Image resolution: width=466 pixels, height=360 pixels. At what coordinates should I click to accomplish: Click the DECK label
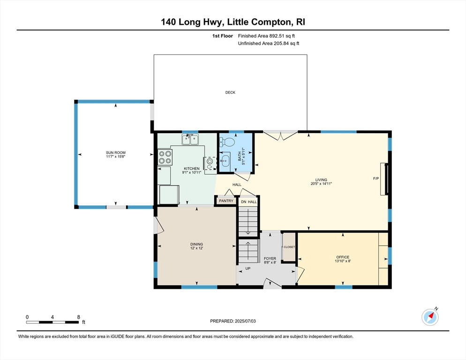click(230, 92)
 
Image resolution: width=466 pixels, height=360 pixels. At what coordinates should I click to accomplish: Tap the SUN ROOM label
click(116, 152)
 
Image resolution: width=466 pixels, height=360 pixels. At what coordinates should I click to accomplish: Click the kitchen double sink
click(190, 139)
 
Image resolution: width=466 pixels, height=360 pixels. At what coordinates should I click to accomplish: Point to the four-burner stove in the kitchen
click(165, 157)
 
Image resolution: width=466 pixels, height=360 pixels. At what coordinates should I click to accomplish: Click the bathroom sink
click(225, 161)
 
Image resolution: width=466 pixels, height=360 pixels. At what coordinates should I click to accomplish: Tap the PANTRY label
click(226, 201)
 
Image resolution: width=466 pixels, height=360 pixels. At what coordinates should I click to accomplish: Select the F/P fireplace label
click(376, 179)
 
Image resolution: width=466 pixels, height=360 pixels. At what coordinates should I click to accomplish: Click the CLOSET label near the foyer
click(289, 247)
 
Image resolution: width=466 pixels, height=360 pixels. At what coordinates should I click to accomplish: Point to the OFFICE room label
click(343, 257)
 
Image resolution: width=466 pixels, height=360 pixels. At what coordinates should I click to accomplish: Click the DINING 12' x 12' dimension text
click(197, 248)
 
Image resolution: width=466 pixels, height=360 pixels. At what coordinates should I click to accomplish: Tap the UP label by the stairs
click(248, 269)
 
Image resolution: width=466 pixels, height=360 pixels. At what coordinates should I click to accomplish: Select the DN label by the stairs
click(244, 202)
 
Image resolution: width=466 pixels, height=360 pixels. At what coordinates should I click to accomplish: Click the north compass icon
click(430, 317)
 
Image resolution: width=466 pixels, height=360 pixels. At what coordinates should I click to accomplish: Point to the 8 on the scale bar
click(78, 317)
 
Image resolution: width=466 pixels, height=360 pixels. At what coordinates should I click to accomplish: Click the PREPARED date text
click(233, 321)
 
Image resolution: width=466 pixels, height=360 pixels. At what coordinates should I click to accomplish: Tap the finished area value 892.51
click(277, 36)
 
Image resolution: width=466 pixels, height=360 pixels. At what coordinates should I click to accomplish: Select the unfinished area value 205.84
click(281, 44)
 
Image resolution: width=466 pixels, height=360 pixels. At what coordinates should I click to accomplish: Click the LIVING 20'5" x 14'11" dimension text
click(321, 184)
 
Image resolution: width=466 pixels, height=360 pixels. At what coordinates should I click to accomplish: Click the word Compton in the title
click(271, 22)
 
